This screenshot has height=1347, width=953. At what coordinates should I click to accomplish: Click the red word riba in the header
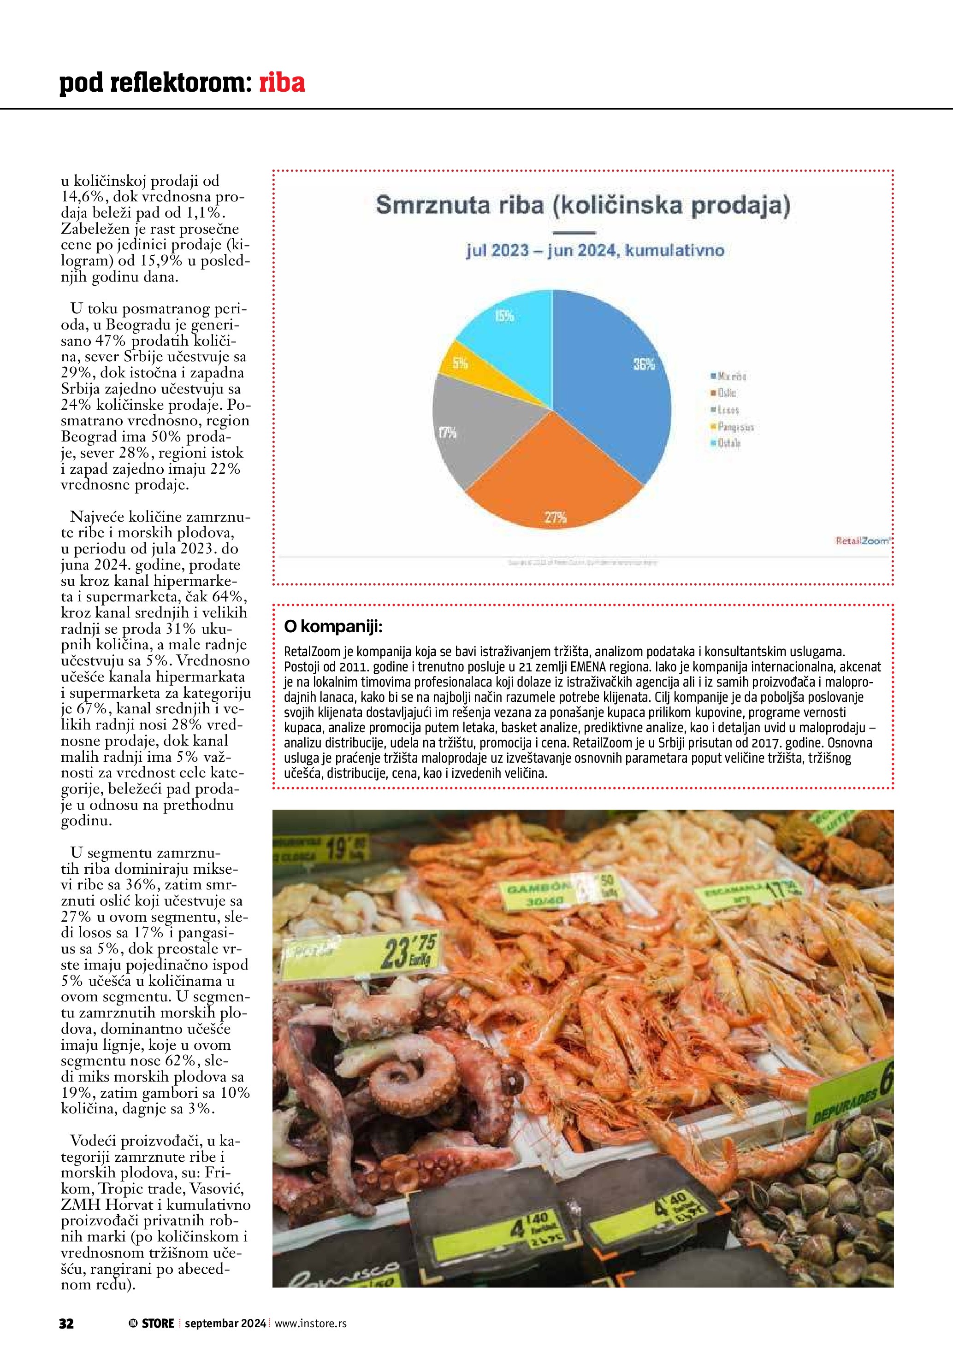pos(282,83)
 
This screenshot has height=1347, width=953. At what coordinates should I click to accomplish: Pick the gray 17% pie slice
pos(469,428)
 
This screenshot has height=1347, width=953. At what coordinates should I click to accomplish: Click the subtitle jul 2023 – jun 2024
pos(595,251)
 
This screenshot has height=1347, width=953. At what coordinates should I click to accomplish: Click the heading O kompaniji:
pos(333,627)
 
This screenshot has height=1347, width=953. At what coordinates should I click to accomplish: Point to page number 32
pos(66,1323)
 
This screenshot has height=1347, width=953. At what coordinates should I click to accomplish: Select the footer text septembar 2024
pos(225,1323)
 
